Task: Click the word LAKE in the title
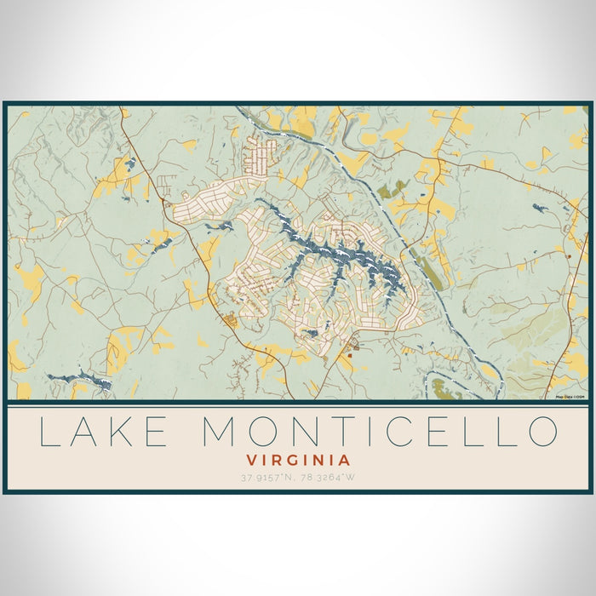pyautogui.click(x=104, y=431)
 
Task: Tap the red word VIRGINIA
pyautogui.click(x=297, y=459)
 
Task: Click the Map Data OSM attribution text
pyautogui.click(x=570, y=396)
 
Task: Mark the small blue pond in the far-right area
pyautogui.click(x=537, y=207)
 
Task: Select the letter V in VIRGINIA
pyautogui.click(x=247, y=459)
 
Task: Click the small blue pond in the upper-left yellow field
pyautogui.click(x=129, y=163)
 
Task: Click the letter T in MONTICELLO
pyautogui.click(x=352, y=431)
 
